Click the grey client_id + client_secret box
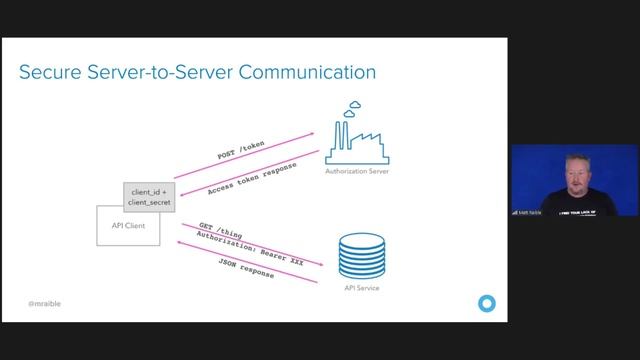149,196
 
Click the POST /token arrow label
241,150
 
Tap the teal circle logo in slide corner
487,302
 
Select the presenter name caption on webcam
527,211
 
